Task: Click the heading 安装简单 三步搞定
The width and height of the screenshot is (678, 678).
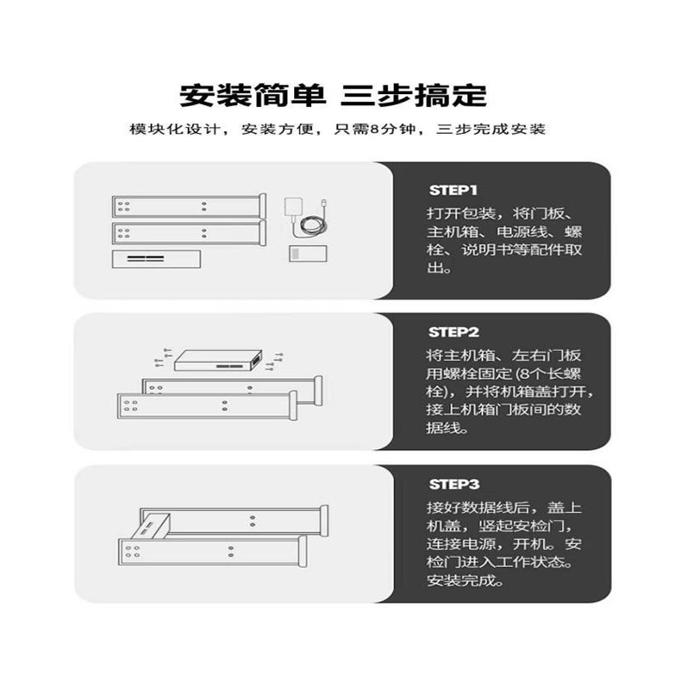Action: tap(333, 93)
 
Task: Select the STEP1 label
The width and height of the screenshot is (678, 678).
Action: tap(453, 189)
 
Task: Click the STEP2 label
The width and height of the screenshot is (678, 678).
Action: tap(453, 332)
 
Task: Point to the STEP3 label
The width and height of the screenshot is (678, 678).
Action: tap(453, 485)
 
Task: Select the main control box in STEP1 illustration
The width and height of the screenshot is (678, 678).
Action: tap(156, 258)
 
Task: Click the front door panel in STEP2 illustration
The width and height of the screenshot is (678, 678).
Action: tap(203, 406)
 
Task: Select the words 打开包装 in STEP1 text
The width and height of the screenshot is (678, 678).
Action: tap(454, 213)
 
